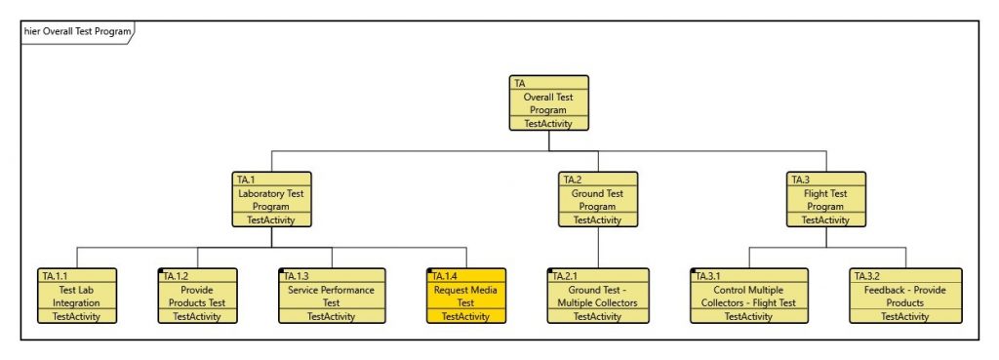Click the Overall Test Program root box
549,102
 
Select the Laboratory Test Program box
270,199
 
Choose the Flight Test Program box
825,199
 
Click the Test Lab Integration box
77,296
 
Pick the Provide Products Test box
197,296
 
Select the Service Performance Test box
332,296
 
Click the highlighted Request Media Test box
466,296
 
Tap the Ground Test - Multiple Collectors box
597,296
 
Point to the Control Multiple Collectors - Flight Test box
749,296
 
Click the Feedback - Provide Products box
906,296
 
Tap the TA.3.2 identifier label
871,276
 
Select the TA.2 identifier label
572,180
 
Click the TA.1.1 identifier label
56,276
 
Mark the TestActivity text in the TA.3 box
825,220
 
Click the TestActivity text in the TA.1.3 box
332,316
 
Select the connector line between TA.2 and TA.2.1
597,247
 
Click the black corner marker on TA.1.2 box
160,270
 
